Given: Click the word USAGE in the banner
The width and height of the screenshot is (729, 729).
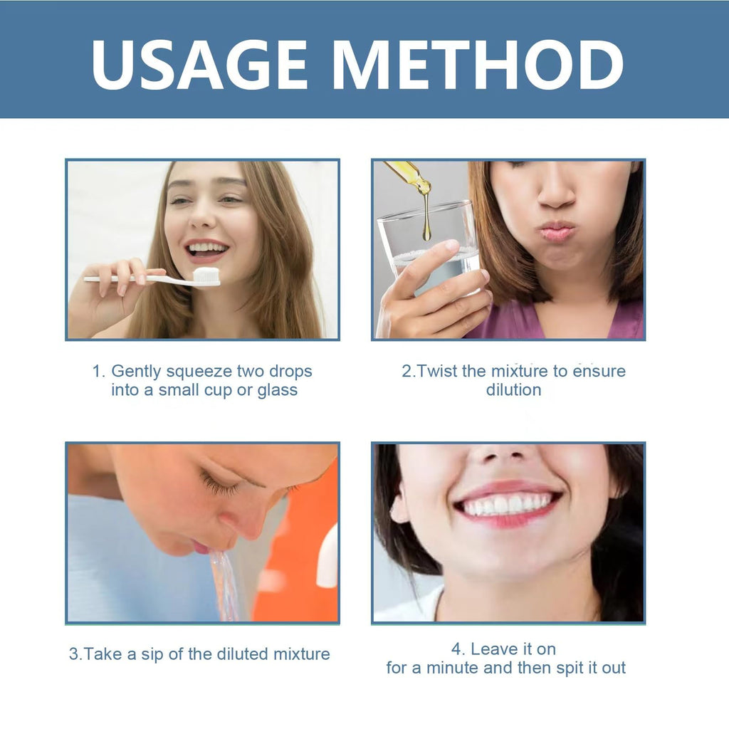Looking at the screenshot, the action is point(199,65).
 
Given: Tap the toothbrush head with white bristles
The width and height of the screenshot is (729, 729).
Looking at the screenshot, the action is point(206,277).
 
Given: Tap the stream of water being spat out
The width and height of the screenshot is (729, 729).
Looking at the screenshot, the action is point(225,586).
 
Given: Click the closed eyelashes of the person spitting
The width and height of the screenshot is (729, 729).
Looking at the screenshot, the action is point(219,484).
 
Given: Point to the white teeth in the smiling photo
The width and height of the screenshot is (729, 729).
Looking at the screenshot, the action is point(505,505).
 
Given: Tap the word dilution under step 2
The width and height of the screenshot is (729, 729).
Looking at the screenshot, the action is point(514,389).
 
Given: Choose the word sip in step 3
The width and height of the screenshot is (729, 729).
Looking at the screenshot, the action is point(152,655).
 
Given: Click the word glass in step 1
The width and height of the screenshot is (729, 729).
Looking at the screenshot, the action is point(278,391).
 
